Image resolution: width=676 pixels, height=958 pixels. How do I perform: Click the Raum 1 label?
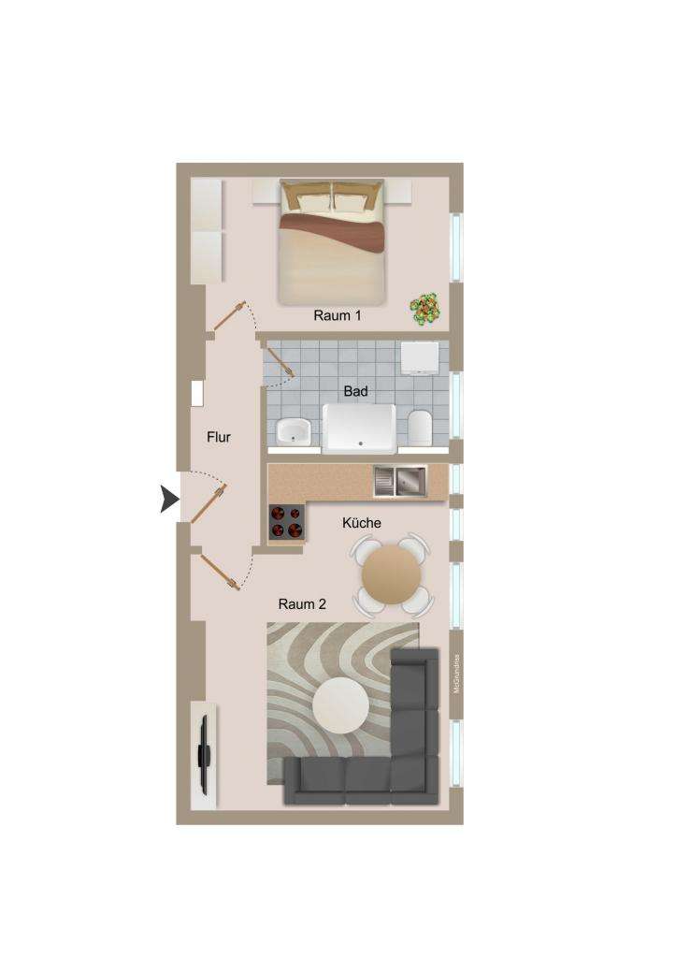(338, 316)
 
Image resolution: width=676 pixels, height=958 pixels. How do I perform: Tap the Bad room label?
(355, 391)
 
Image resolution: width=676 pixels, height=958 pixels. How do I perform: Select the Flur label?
(219, 436)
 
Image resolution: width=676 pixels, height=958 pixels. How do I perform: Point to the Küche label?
(362, 523)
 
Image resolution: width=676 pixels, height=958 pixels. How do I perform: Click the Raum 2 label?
(302, 604)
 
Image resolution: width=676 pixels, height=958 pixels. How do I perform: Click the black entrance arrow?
(168, 500)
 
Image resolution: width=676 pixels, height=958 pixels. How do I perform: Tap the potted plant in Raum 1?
(427, 308)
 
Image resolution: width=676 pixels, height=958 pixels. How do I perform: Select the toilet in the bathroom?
(419, 428)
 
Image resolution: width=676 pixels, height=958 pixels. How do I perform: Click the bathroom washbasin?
(294, 431)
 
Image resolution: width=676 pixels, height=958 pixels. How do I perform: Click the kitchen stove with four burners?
(286, 522)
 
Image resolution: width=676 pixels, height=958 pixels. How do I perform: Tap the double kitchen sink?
(399, 481)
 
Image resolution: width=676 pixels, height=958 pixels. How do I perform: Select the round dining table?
(392, 573)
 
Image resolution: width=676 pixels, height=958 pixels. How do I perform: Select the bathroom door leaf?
(280, 361)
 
